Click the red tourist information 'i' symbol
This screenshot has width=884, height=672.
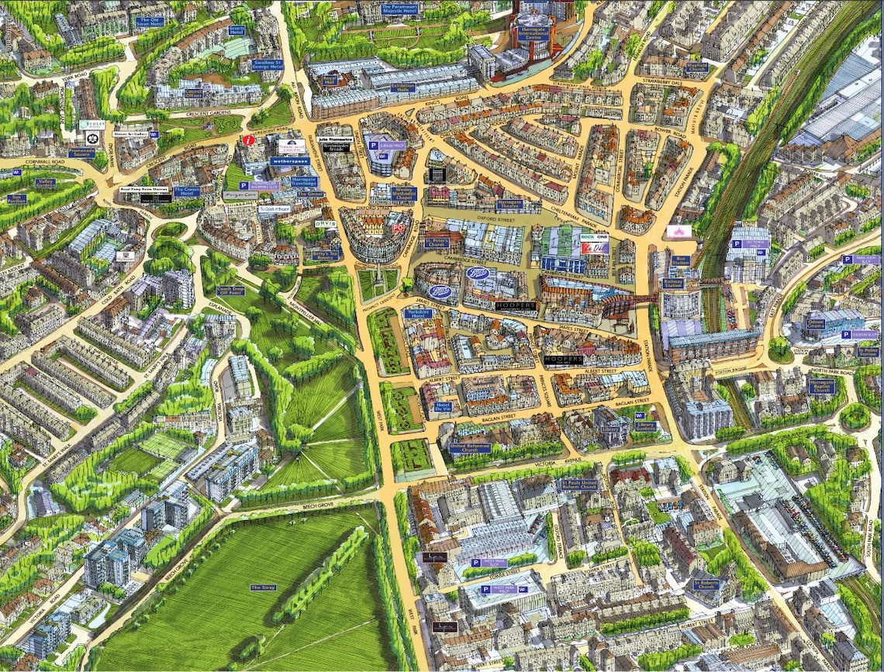247,140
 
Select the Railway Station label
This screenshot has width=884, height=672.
672,284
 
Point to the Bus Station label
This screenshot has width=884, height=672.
681,260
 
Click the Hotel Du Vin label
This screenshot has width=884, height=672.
444,407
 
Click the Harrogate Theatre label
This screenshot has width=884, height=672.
509,203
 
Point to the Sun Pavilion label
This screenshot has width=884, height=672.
16,198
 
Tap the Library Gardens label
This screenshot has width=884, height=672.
645,426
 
